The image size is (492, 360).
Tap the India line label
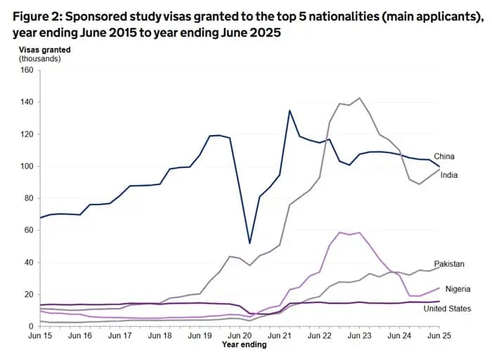tap(449, 175)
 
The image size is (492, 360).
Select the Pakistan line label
tap(449, 264)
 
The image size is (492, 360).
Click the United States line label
tap(448, 309)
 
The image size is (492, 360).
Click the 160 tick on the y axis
tap(27, 70)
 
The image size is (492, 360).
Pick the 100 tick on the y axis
tap(27, 166)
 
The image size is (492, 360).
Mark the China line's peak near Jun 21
tap(290, 110)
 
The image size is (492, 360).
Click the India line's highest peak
tap(360, 98)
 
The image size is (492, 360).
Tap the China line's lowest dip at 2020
tap(250, 243)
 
